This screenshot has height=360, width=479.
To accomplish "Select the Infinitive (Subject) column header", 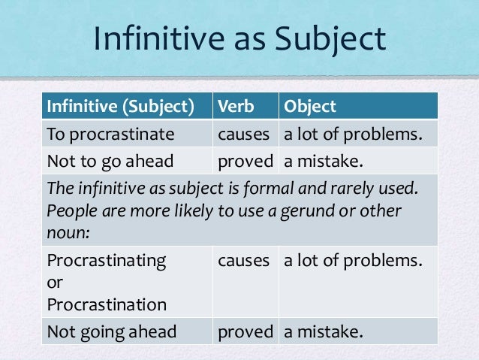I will pyautogui.click(x=116, y=107).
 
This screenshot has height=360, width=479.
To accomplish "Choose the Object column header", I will pyautogui.click(x=309, y=107).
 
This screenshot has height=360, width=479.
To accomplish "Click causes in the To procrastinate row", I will pyautogui.click(x=243, y=136).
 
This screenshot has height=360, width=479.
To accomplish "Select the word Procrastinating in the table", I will pyautogui.click(x=107, y=260).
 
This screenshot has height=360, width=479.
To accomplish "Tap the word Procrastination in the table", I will pyautogui.click(x=107, y=305).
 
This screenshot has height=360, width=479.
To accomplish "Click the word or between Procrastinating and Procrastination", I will pyautogui.click(x=54, y=283).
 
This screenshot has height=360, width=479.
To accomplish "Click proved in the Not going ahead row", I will pyautogui.click(x=244, y=331).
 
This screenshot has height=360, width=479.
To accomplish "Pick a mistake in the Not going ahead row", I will pyautogui.click(x=321, y=331).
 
